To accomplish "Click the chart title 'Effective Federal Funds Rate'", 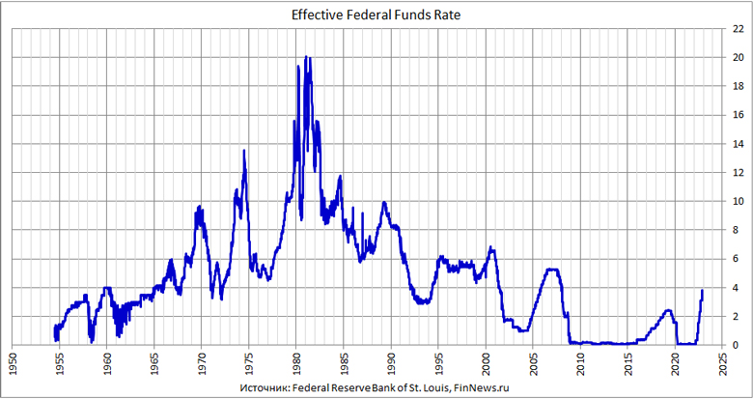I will tap(376, 14).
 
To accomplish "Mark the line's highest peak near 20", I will tap(306, 57).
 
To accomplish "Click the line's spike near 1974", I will tap(244, 151).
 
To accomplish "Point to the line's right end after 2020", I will tap(703, 290).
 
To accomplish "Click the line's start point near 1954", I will tap(55, 327).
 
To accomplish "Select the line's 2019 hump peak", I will tap(668, 310).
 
